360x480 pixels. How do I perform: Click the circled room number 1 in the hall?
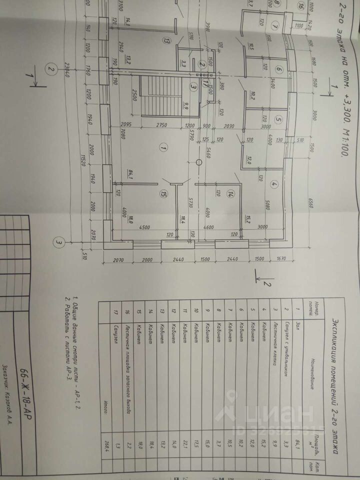tap(162, 147)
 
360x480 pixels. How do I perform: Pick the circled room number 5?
tap(279, 120)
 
